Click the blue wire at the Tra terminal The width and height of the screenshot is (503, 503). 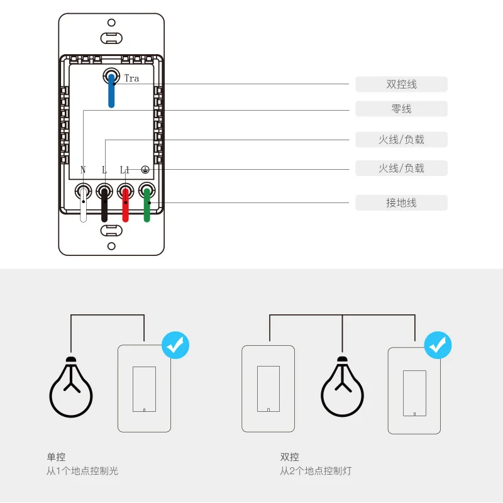tap(111, 91)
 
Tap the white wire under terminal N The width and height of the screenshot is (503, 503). tap(83, 207)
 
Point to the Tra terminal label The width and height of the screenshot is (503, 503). tap(131, 79)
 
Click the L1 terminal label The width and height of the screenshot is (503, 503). tap(124, 170)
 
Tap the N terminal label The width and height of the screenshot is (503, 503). tap(83, 170)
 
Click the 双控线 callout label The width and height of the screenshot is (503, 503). tap(401, 84)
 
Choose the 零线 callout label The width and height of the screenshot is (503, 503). tap(401, 109)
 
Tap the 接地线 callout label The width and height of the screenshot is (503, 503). tap(401, 203)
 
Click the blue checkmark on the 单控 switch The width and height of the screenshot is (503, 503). tap(175, 345)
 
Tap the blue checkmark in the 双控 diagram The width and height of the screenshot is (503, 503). tap(438, 345)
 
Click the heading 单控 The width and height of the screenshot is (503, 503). tap(56, 457)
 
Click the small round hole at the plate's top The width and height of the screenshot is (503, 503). tap(111, 22)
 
